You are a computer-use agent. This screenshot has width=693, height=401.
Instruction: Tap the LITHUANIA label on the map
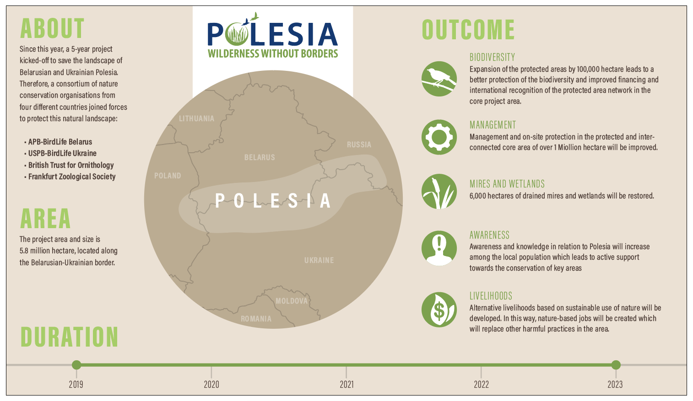coord(196,118)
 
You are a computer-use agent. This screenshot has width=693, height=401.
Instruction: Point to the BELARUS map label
coord(260,158)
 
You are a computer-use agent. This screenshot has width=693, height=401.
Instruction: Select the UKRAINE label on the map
coord(319,261)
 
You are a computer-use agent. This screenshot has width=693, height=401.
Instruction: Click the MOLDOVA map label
coord(292,301)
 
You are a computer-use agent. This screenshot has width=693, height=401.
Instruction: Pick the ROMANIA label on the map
coord(256,319)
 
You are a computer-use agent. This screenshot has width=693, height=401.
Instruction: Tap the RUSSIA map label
coord(359,144)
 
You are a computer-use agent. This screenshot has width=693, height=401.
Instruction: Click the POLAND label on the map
coord(168,176)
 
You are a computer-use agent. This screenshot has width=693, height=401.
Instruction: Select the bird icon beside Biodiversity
coord(439,79)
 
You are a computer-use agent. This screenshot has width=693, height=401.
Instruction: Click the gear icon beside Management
coord(439,137)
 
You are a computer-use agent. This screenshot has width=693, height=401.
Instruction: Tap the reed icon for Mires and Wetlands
coord(439,192)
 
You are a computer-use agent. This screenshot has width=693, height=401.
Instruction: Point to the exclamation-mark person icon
coord(439,248)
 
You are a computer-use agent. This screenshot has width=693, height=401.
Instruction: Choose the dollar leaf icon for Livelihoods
coord(439,310)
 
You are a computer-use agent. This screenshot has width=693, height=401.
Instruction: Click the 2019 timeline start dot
coord(76,365)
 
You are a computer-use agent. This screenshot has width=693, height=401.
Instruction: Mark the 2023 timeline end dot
coord(616,365)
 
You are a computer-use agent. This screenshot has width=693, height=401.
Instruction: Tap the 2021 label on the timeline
coord(346,385)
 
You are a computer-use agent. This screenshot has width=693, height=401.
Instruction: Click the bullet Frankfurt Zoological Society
coord(70,176)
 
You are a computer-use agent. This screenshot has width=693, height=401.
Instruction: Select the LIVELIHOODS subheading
coord(491,296)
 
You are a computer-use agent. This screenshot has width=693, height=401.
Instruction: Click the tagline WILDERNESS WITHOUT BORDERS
coord(273,53)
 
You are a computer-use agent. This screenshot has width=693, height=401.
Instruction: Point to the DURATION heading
coord(69,337)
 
